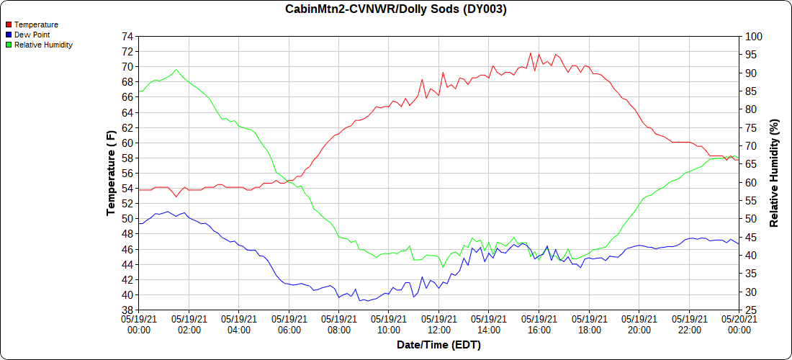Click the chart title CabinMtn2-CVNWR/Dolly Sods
(395, 9)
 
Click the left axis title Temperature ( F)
(110, 173)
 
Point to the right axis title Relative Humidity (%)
(774, 173)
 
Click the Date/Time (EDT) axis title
(438, 345)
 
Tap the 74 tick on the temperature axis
(127, 37)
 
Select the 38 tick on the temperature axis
(127, 310)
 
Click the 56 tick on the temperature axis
(127, 174)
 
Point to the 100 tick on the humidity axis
(753, 37)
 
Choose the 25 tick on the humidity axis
(751, 310)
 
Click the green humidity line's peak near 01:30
(176, 69)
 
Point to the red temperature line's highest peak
(531, 53)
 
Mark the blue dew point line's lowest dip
(359, 300)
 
